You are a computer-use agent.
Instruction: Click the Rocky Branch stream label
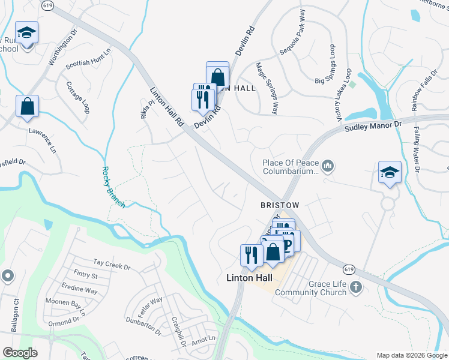[x=113, y=187]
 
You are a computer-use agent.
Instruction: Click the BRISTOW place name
[x=280, y=205]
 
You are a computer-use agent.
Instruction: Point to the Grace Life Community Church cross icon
[x=355, y=287]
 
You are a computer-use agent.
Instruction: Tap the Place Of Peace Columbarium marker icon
[x=328, y=165]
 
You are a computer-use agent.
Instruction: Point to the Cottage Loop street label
[x=78, y=97]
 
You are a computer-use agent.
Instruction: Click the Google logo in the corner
[x=20, y=353]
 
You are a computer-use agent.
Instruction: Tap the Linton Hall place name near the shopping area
[x=250, y=278]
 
